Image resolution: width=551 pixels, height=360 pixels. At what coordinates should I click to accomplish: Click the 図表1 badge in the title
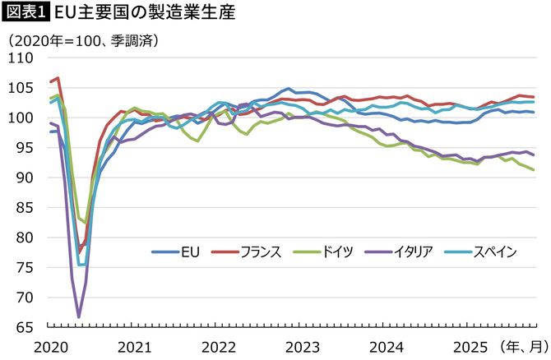(25, 14)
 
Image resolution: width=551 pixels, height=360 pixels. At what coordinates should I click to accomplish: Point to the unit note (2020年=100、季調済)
(82, 39)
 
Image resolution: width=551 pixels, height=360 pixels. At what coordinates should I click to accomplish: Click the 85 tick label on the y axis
(23, 208)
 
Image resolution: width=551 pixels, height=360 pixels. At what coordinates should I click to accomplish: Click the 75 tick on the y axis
(23, 268)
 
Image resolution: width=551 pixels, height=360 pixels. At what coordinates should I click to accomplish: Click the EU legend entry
(176, 252)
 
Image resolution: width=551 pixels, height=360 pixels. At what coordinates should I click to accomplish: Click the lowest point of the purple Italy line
(79, 316)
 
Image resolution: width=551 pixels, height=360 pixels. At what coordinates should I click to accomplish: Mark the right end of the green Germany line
(535, 169)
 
